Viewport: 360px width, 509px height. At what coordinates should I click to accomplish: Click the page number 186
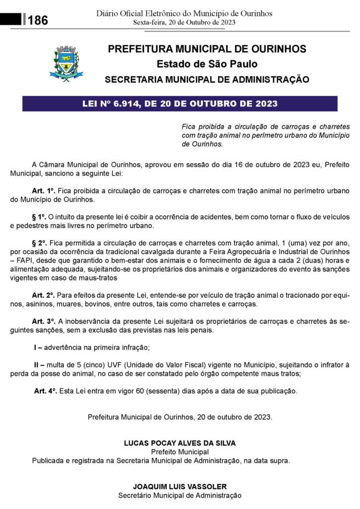[38, 20]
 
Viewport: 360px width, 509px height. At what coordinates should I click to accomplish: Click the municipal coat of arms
[66, 63]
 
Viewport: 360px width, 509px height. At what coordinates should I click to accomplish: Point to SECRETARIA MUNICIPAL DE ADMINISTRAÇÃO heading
[207, 79]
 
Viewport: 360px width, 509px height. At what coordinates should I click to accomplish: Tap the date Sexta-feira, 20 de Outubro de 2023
[184, 22]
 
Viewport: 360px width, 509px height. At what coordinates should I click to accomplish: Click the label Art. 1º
[44, 191]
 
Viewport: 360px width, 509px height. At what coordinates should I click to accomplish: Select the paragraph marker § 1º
[39, 218]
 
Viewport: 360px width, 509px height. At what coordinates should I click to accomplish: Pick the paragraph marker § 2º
[39, 244]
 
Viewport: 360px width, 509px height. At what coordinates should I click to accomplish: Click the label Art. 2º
[44, 295]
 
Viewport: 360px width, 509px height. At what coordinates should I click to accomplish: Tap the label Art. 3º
[44, 321]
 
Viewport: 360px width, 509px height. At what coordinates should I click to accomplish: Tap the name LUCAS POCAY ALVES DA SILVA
[180, 443]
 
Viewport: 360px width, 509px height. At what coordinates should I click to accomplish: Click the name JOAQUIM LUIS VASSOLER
[180, 487]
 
